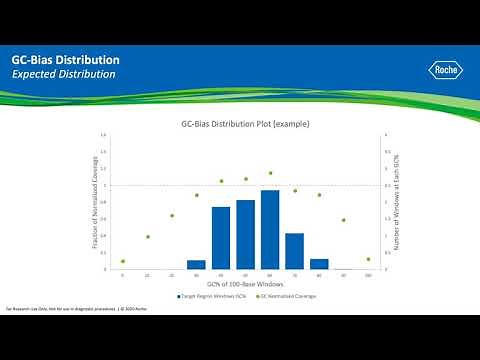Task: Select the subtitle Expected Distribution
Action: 64,75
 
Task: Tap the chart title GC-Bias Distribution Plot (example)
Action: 245,124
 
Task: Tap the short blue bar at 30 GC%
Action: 196,265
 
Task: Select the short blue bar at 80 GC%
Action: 319,264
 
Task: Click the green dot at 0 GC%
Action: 123,261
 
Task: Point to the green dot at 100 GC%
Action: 368,259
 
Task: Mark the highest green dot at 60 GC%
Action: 270,173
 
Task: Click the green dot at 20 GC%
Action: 172,215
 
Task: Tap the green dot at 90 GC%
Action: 343,220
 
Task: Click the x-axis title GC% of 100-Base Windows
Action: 245,285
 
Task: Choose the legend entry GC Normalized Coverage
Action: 282,297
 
